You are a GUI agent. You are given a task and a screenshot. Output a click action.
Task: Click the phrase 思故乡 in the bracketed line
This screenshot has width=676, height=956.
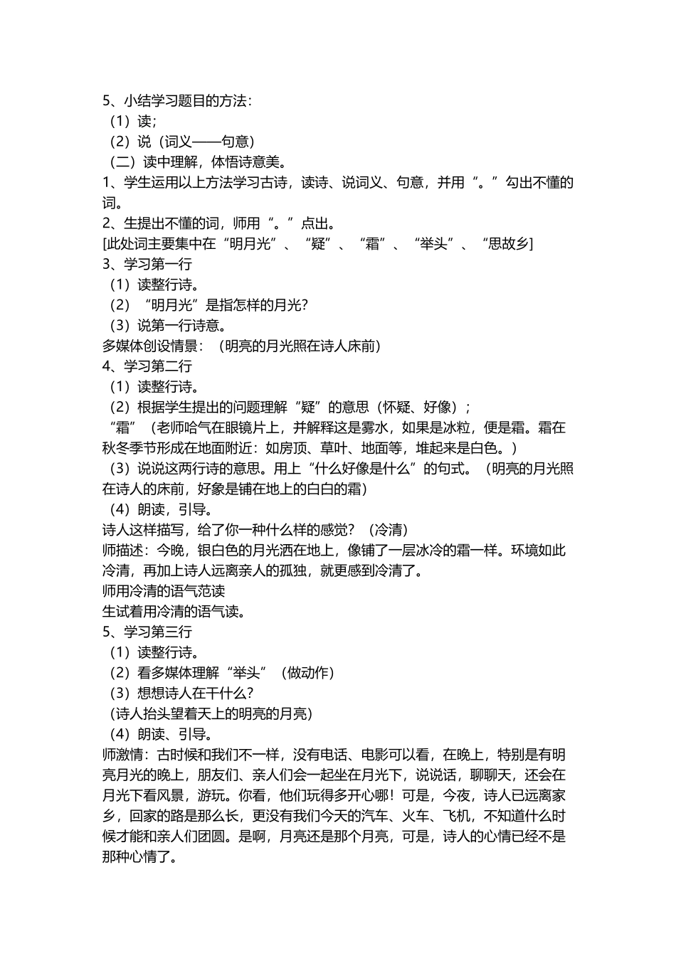pos(506,244)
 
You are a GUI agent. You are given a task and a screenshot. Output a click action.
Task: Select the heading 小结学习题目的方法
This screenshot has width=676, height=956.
pos(186,101)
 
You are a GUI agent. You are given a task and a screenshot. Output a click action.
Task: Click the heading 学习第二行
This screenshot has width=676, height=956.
pos(157,366)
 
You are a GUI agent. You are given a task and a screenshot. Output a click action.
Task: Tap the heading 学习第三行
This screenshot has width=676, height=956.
pos(157,632)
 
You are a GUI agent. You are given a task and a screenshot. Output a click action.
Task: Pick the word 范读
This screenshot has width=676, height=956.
pos(211,591)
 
